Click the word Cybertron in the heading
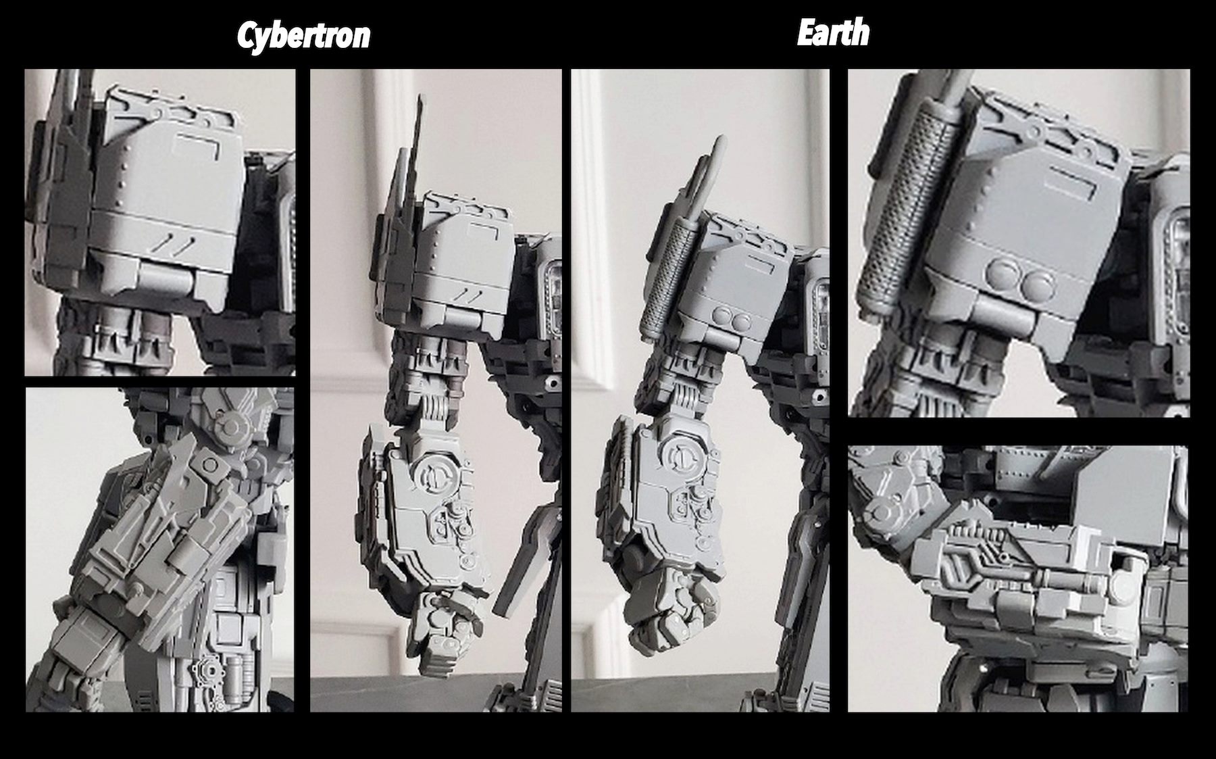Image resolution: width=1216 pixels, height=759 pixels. [x=303, y=36]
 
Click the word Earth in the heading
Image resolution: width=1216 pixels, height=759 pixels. [x=833, y=32]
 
